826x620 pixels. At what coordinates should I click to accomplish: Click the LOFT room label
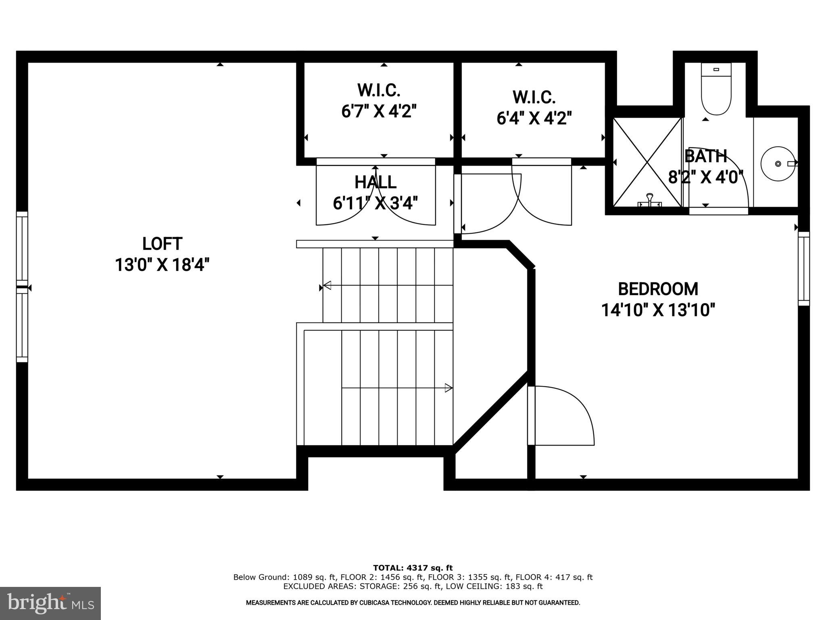coord(162,244)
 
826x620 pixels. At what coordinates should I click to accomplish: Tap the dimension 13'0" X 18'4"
coord(162,265)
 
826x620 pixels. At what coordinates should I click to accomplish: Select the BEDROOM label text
coord(658,289)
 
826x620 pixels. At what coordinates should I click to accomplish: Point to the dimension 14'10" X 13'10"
coord(658,310)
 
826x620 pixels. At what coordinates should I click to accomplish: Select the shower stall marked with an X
coord(647,162)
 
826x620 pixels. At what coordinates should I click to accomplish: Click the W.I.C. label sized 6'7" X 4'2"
coord(379,90)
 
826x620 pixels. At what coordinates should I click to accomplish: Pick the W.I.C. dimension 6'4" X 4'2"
coord(534,119)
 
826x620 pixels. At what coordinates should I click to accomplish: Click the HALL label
coord(375,182)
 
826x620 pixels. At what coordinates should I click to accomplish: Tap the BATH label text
coord(706,156)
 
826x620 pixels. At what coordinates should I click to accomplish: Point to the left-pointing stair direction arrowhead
coord(327,285)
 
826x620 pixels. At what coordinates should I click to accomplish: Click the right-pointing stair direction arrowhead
coord(448,388)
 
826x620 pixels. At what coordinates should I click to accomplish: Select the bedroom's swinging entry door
coord(561,416)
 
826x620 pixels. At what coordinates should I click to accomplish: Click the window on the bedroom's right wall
coord(803,268)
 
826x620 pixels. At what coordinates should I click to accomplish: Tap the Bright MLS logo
coord(50,603)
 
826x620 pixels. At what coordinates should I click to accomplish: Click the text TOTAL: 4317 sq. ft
coord(413,568)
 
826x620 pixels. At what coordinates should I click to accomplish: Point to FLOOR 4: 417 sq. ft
coord(554,577)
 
